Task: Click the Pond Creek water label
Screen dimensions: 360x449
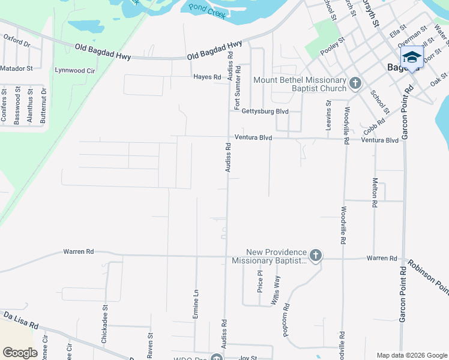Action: (207, 11)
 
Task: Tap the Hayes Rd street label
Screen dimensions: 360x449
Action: (207, 77)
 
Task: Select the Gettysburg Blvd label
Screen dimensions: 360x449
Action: (265, 111)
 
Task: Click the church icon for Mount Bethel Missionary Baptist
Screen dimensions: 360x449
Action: (355, 82)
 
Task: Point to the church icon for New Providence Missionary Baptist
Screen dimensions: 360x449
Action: (315, 256)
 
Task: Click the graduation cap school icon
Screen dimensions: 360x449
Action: (412, 57)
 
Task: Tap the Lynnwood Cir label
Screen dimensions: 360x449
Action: (75, 70)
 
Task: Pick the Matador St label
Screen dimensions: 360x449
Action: (16, 68)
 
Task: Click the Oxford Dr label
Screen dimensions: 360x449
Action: (17, 40)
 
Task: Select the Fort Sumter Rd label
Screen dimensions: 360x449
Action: (238, 84)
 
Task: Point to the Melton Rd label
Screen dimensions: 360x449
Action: (375, 192)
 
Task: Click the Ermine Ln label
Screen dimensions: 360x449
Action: (196, 304)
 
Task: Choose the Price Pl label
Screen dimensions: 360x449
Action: (260, 280)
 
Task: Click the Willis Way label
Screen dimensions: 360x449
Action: (277, 290)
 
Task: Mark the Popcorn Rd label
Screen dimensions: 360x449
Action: (287, 314)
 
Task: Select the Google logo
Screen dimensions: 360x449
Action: (20, 353)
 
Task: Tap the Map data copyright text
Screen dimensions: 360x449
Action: (411, 355)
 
